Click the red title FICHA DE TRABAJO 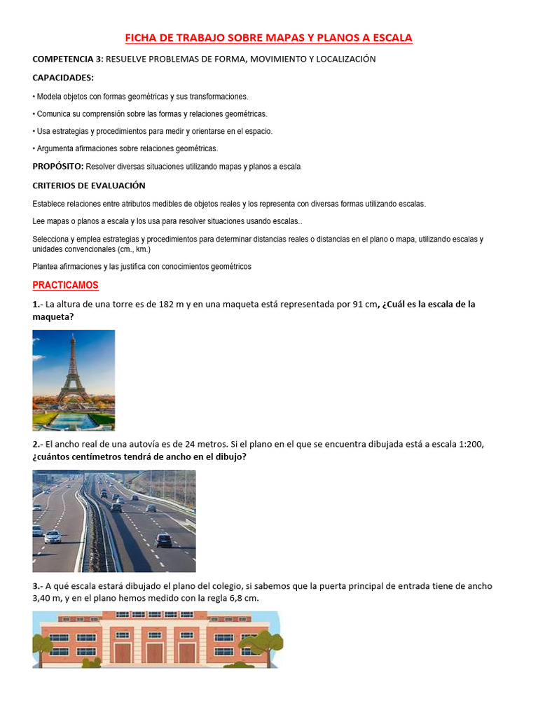coord(268,38)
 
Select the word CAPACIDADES coord(63,78)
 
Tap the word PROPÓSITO coord(57,167)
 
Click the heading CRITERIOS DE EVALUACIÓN coord(89,186)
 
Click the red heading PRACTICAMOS coord(65,286)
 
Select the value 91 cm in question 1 coord(363,305)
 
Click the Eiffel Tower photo coord(74,380)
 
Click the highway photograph coord(113,521)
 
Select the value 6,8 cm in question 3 coord(240,599)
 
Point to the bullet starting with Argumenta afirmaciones coord(126,148)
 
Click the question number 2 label coord(37,445)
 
